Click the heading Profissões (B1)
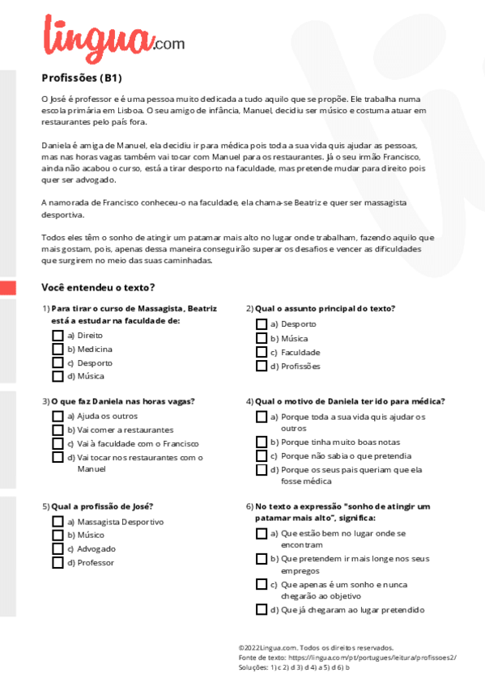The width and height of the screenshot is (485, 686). click(81, 78)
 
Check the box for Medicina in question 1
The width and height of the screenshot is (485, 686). click(57, 349)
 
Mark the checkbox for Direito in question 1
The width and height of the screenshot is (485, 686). click(57, 335)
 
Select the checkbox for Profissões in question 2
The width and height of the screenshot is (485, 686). click(262, 366)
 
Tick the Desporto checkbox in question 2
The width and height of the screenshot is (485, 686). click(262, 324)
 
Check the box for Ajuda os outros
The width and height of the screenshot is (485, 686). click(57, 416)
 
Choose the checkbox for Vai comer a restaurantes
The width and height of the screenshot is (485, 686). click(57, 430)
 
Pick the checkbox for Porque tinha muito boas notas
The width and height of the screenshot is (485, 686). click(262, 442)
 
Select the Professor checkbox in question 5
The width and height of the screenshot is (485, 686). click(57, 562)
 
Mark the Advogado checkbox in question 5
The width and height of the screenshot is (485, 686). click(57, 548)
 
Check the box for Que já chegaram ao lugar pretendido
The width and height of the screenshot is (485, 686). click(262, 610)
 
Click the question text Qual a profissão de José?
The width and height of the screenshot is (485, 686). click(102, 506)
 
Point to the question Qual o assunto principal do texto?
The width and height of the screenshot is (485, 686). click(325, 308)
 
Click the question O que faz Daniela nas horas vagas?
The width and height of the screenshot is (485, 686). click(122, 400)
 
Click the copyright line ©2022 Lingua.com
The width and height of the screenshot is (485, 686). click(316, 647)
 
